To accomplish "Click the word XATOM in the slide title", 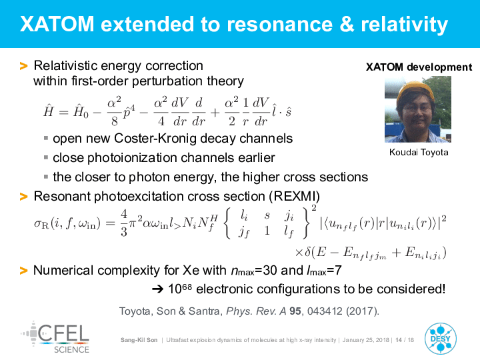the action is point(57,24).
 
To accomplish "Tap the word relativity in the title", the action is point(405,25).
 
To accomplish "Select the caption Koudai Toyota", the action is point(419,152).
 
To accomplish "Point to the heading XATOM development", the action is point(419,67).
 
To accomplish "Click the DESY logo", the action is point(441,339).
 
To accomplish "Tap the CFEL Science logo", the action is point(55,337).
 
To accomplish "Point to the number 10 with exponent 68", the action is point(180,289).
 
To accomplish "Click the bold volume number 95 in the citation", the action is point(295,311).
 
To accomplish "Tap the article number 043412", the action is point(325,311).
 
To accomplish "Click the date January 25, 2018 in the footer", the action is point(366,340).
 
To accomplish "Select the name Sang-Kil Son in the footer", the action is point(139,340).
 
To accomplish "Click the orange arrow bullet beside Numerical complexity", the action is point(23,271).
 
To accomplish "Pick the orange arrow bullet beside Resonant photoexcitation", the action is point(23,197).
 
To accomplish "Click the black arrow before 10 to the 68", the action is point(157,289).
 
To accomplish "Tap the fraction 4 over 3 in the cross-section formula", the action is point(124,223).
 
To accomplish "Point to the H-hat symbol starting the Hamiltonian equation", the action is point(49,111).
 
